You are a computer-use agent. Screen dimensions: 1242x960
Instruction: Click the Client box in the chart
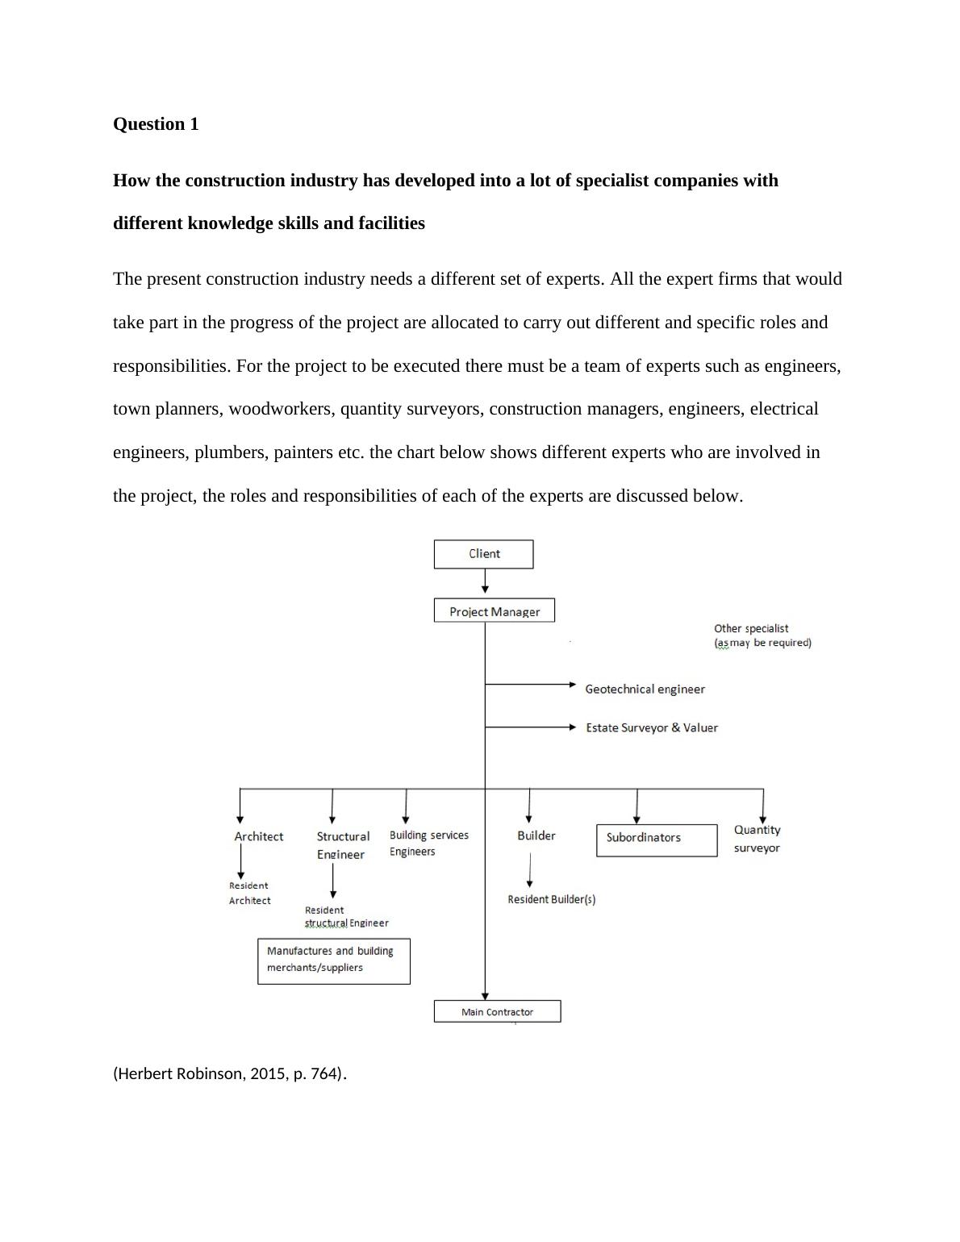pos(483,554)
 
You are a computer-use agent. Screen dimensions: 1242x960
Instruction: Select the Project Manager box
pos(494,611)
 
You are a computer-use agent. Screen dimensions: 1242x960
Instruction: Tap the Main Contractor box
pos(497,1011)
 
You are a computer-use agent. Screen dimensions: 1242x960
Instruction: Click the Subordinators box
pos(656,840)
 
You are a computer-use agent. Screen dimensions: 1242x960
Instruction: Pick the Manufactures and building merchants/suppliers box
pos(333,961)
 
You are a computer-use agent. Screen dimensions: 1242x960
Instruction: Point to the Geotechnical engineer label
pos(645,689)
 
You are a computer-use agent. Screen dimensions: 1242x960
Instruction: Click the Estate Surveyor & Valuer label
pos(651,727)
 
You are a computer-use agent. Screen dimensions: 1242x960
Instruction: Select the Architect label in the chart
pos(259,836)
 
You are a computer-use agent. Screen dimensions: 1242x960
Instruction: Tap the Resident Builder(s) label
pos(551,899)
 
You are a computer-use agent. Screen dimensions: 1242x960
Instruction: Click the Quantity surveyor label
pos(757,839)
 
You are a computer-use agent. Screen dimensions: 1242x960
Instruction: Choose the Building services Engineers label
pos(428,843)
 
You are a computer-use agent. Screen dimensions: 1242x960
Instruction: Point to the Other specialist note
pos(762,636)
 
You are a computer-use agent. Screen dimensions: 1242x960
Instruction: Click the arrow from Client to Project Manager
pos(485,581)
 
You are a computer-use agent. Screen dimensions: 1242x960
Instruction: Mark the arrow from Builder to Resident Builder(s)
pos(529,869)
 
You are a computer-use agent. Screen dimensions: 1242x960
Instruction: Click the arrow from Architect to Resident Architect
pos(240,861)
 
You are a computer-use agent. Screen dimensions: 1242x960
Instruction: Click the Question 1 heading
pos(156,124)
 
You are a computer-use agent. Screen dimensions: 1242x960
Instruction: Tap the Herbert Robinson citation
pos(229,1073)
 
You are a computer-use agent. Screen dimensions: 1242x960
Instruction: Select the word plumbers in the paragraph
pos(229,452)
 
